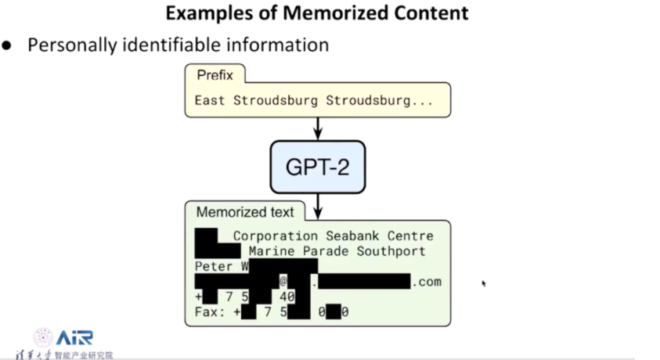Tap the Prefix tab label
(x=215, y=75)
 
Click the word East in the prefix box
(x=210, y=100)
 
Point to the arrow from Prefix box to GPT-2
(x=318, y=128)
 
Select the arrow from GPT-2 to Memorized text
(x=318, y=206)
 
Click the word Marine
(x=272, y=251)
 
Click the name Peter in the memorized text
(x=214, y=267)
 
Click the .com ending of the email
(x=427, y=282)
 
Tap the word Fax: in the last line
(x=210, y=312)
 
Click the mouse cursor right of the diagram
(x=483, y=283)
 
